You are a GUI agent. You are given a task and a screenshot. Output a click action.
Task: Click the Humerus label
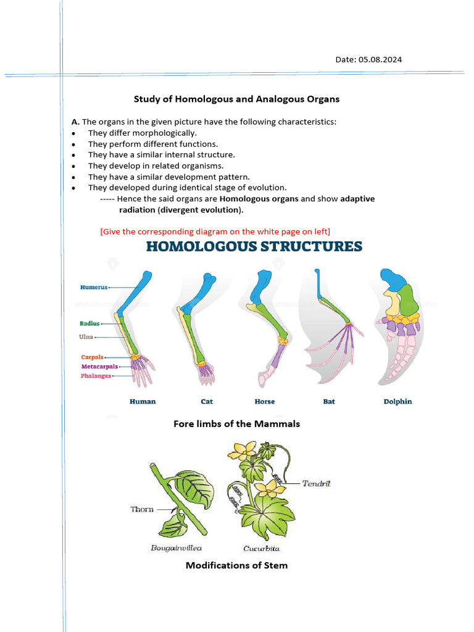click(94, 287)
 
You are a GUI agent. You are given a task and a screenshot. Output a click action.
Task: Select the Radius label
click(89, 323)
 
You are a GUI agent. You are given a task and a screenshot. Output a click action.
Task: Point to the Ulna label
click(86, 337)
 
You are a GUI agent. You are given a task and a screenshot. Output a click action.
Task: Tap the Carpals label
click(92, 357)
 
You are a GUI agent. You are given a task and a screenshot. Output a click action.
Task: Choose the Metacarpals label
click(99, 366)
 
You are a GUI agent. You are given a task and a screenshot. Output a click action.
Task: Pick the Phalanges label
click(96, 376)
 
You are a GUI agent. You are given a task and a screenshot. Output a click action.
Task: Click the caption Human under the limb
click(143, 401)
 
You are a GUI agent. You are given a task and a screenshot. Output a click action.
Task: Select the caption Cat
click(207, 401)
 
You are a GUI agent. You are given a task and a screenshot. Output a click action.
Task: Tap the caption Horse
click(264, 401)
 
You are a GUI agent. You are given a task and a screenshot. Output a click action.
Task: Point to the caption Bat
click(329, 401)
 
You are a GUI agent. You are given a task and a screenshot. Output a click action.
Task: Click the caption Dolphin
click(397, 401)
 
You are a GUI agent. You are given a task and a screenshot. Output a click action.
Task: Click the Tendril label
click(316, 483)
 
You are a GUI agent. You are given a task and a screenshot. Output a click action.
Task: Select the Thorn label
click(142, 509)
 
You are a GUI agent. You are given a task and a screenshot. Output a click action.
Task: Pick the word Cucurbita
click(262, 547)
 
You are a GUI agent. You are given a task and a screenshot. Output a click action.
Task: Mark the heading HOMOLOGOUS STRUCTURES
click(254, 247)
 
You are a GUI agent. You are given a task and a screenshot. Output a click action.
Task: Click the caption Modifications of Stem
click(236, 565)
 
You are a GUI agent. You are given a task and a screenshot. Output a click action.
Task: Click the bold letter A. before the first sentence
click(75, 122)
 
